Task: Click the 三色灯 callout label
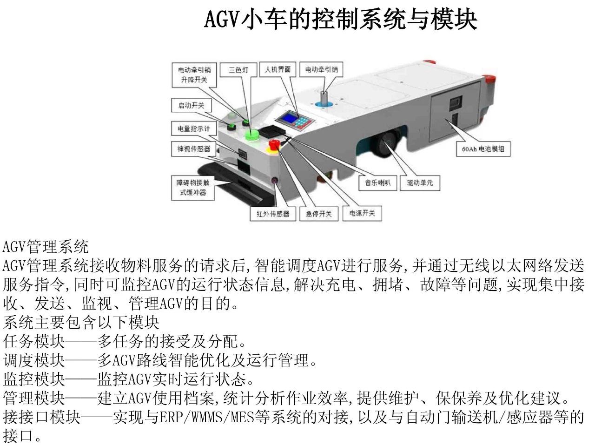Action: pos(238,70)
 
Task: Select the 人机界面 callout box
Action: pos(278,69)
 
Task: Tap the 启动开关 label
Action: pos(192,105)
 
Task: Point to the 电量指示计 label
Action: pos(194,128)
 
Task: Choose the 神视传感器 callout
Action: pos(194,149)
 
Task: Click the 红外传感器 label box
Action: pos(273,214)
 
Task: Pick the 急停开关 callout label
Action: pos(319,214)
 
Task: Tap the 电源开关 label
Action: pos(362,213)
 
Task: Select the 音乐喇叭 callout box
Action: pos(377,183)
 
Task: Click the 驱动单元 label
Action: pos(420,183)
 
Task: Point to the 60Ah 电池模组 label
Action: pos(483,149)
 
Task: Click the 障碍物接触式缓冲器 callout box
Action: pos(193,188)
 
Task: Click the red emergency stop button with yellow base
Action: pos(274,145)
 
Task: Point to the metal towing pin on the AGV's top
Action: pos(324,97)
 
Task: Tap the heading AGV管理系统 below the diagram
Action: pos(46,247)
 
